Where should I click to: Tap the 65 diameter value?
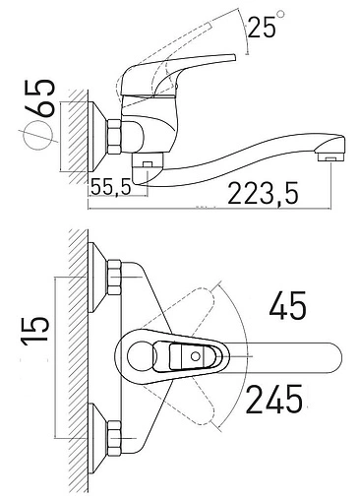41,97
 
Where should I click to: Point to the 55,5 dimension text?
111,187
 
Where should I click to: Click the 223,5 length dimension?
263,194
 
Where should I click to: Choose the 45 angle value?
287,306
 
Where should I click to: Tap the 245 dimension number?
274,400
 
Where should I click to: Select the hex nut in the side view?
114,137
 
